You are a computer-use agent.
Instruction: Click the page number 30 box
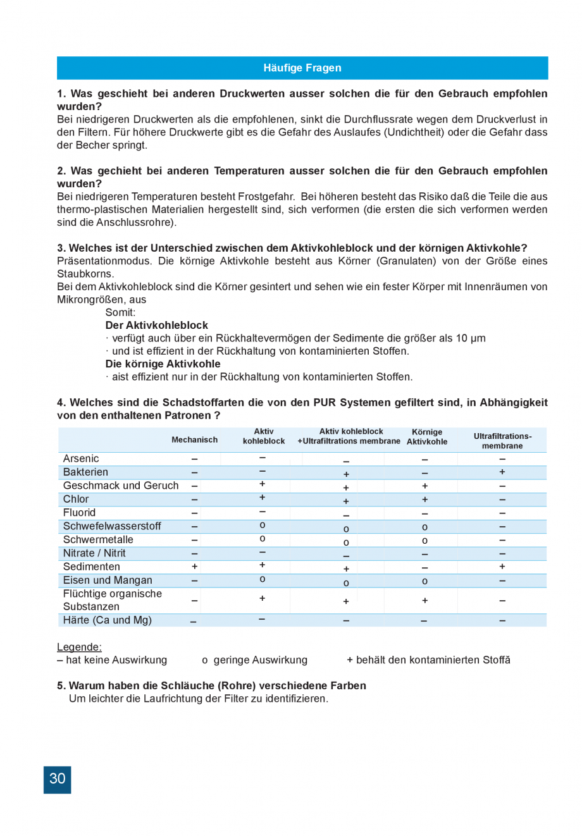57,779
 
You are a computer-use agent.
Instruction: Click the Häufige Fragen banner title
302,68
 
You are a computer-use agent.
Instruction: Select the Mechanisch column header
194,440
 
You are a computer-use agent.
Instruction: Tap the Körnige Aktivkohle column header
427,437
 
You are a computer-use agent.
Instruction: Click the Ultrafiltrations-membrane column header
502,441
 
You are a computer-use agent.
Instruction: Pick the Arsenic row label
81,458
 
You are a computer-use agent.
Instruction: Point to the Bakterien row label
85,472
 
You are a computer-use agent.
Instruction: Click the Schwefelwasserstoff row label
112,526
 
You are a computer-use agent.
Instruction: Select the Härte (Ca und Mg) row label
107,620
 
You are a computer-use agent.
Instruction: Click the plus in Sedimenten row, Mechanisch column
194,567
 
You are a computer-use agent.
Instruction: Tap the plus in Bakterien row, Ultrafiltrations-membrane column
502,472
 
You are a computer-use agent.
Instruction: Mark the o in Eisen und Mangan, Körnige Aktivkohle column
424,581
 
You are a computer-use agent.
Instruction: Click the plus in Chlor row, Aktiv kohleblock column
262,498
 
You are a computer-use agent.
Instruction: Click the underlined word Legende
79,647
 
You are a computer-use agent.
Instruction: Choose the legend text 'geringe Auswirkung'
260,660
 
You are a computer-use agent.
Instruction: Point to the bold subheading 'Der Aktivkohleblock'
156,325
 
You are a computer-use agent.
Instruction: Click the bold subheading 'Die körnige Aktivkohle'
163,364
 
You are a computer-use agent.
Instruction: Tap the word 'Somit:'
120,312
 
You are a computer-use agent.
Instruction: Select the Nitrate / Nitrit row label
94,553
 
